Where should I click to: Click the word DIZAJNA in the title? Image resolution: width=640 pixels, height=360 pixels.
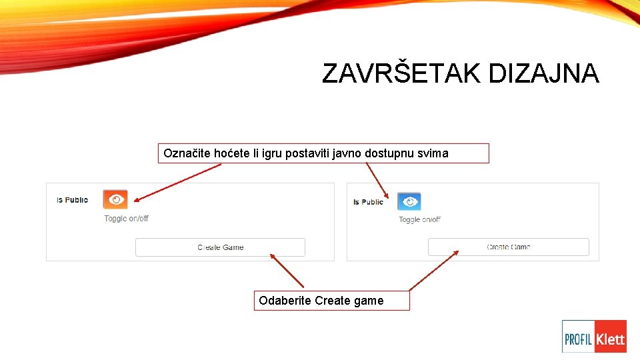pos(543,73)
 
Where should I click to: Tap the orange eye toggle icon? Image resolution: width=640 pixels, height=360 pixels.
pos(115,199)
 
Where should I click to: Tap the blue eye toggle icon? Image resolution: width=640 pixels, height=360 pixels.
pos(409,201)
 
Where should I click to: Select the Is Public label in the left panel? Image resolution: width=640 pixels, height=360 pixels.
pos(72,200)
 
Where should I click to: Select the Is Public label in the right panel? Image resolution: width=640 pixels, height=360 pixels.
pos(368,202)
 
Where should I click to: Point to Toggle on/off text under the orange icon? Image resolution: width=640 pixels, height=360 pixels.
pos(126,219)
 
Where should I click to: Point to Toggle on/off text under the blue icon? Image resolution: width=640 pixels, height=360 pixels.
pos(419,219)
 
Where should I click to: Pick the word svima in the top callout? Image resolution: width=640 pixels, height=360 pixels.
pos(433,154)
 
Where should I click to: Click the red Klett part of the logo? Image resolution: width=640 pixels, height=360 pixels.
pos(610,339)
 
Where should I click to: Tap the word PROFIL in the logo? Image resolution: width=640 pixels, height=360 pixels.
pos(579,339)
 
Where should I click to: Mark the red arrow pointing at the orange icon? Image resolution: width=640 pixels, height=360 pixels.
pos(177,181)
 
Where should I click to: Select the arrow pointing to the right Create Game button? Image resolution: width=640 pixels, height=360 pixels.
pos(434,270)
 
